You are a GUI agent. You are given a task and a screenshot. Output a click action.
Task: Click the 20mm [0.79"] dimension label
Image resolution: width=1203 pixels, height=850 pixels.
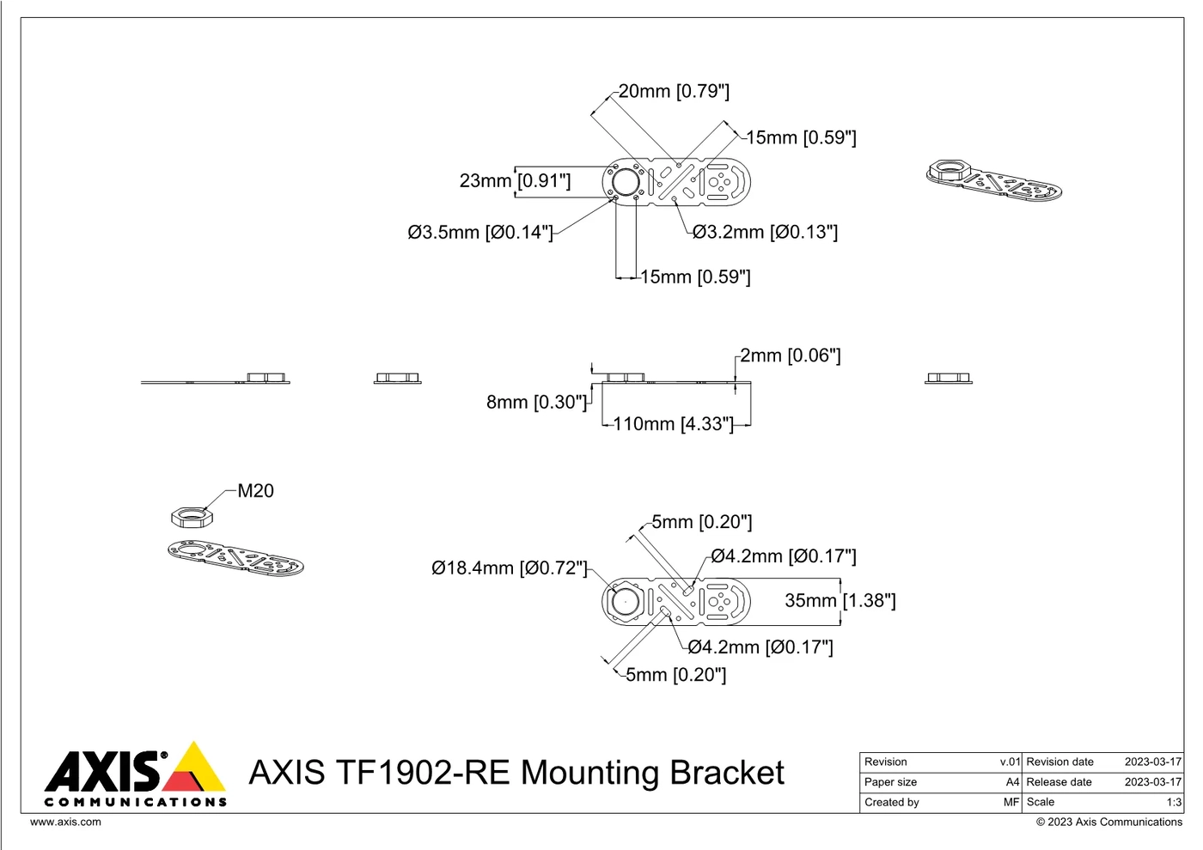coord(674,91)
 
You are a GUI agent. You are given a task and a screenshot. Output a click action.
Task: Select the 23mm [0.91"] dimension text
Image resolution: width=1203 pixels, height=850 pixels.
coord(515,181)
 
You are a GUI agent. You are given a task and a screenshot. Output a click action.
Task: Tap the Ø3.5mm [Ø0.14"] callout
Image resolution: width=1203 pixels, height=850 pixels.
coord(480,233)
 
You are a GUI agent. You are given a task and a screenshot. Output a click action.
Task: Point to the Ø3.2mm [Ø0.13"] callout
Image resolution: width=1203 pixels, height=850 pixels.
coord(765,232)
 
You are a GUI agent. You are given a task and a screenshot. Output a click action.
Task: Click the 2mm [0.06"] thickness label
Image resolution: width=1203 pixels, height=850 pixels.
coord(790,355)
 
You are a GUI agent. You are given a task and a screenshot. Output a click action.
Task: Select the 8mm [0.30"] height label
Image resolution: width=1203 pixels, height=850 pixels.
coord(536,402)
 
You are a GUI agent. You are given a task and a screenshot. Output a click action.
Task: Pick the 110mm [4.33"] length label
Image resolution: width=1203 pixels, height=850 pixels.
coord(673,424)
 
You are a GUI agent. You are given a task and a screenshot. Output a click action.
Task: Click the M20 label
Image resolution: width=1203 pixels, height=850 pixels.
coord(256,490)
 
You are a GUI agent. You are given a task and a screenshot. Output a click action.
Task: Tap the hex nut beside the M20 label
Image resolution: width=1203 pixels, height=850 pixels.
coord(192,517)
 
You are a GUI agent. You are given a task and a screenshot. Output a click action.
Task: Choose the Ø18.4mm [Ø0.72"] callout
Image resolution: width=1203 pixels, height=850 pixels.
coord(509,568)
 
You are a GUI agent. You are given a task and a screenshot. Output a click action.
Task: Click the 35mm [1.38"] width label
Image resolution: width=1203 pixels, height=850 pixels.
coord(840,600)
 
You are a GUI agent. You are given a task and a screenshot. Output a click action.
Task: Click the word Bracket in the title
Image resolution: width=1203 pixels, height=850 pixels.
coord(727,773)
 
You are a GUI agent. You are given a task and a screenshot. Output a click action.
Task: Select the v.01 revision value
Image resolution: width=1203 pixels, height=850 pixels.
coord(1010,762)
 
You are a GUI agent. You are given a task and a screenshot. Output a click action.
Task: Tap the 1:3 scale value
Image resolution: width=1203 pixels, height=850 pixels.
coord(1174,802)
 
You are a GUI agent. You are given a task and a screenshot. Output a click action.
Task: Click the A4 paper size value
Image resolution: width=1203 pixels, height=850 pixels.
coord(1012,782)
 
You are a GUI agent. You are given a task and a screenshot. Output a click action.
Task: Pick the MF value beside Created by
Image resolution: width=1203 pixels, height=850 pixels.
coord(1012,802)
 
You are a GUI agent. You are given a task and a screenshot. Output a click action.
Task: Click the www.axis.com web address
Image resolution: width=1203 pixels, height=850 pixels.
coord(65,822)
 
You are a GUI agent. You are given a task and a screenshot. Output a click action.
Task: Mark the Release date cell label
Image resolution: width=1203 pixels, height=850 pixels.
coord(1059,782)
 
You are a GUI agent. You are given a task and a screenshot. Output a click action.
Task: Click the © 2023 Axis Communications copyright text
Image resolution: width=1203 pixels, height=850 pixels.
coord(1109,823)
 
